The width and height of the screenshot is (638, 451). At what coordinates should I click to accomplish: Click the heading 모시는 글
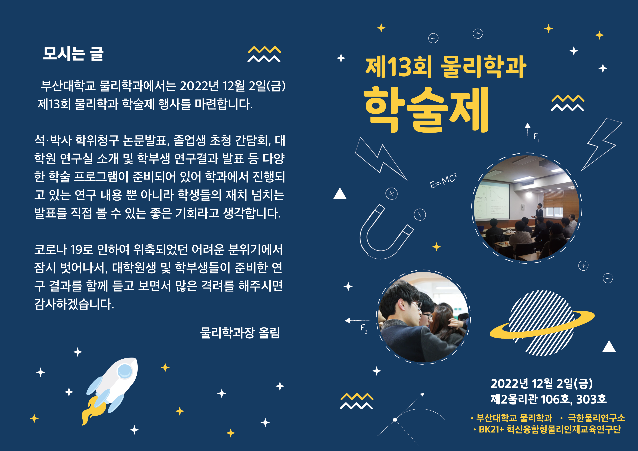73,54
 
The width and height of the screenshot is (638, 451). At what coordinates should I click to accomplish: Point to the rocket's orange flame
89,411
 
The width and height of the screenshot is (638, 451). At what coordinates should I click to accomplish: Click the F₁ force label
536,137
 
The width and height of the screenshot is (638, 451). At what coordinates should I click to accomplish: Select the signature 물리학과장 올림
240,333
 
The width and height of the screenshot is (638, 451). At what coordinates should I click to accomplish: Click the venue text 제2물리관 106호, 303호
548,399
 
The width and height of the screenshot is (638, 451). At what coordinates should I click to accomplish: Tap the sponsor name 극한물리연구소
596,418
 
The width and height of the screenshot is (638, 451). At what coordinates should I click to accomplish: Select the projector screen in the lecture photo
492,199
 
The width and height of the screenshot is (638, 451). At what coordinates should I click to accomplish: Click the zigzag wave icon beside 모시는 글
264,54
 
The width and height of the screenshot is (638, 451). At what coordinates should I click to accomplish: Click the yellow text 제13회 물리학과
445,67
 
